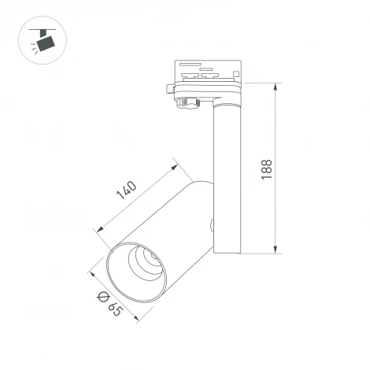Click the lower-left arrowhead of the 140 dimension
coord(98,230)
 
